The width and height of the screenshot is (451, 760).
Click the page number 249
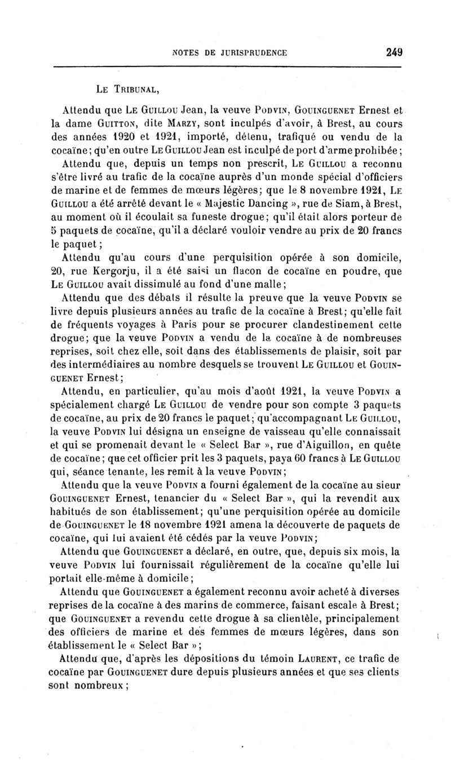[x=393, y=52]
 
